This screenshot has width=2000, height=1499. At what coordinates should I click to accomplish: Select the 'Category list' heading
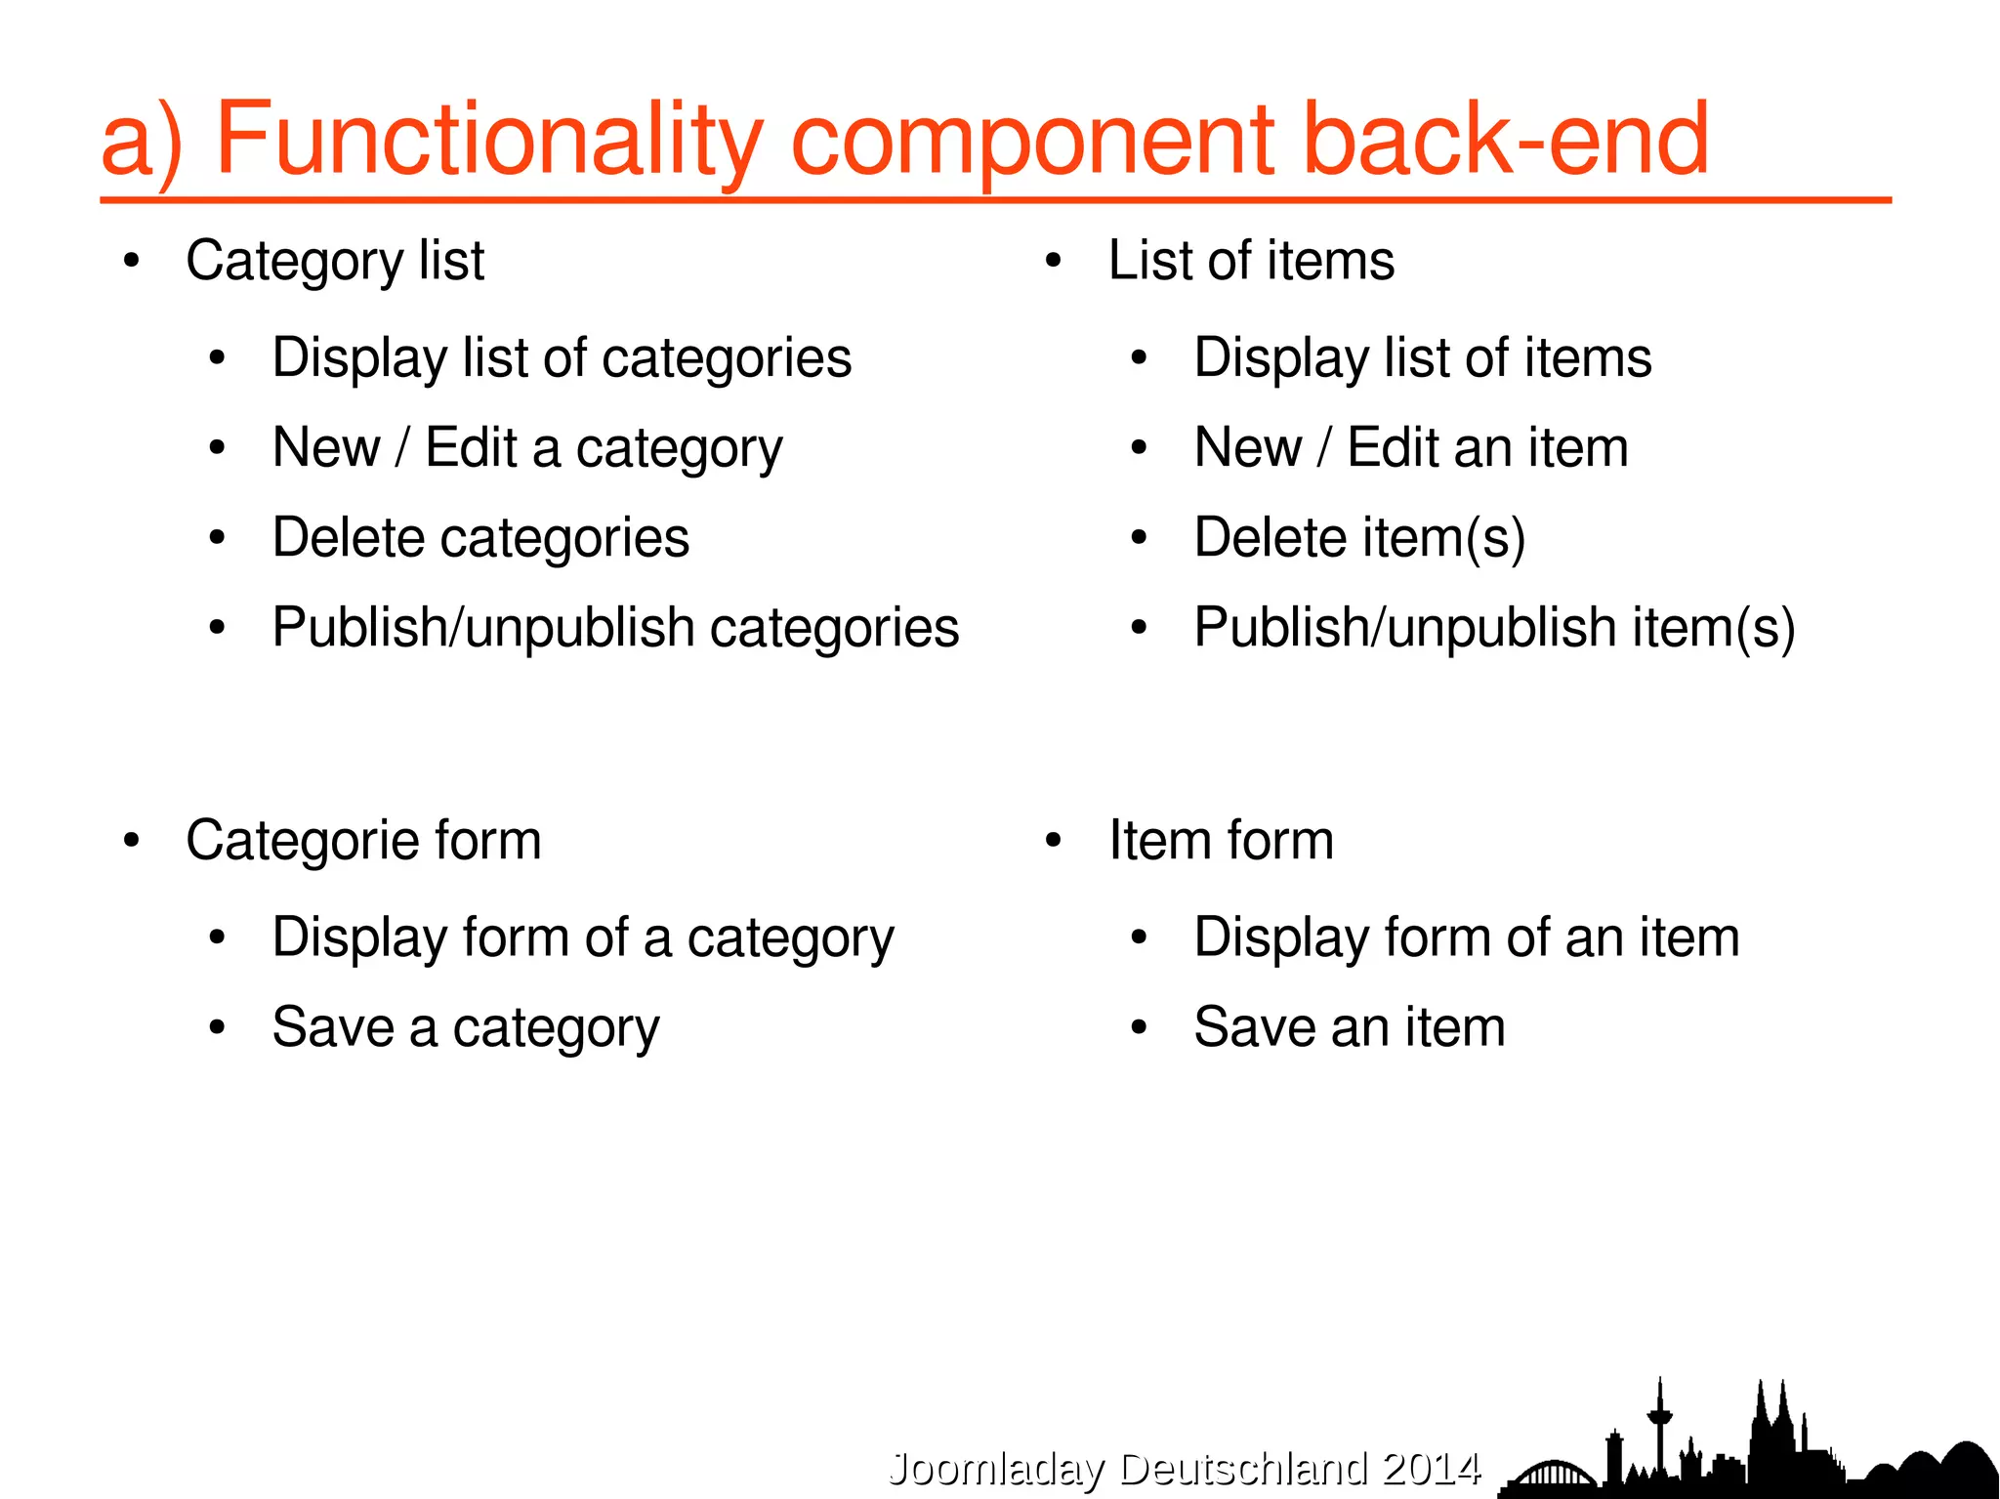tap(335, 261)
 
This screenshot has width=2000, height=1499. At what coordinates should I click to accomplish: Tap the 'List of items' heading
tap(1251, 261)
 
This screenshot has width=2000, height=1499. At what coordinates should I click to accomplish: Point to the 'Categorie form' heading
tap(363, 841)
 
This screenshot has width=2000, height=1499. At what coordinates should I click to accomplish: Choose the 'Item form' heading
tap(1221, 841)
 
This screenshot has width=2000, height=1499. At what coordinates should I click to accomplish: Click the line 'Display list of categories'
tap(562, 358)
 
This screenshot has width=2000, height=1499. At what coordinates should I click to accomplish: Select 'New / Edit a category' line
tap(527, 448)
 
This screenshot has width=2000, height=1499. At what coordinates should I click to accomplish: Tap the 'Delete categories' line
tap(480, 538)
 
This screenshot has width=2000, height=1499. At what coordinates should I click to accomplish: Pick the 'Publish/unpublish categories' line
tap(615, 628)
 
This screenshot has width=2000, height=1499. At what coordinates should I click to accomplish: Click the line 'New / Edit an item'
tap(1411, 448)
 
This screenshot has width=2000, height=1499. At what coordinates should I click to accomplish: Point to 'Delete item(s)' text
tap(1359, 538)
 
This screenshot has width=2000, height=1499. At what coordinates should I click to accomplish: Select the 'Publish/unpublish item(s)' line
tap(1494, 628)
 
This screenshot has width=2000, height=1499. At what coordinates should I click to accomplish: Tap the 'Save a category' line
tap(466, 1028)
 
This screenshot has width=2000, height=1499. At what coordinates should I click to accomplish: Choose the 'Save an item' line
tap(1350, 1028)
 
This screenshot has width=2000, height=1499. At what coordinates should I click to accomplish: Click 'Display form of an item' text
tap(1467, 938)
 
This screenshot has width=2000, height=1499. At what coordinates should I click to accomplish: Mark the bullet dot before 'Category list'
tap(132, 261)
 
